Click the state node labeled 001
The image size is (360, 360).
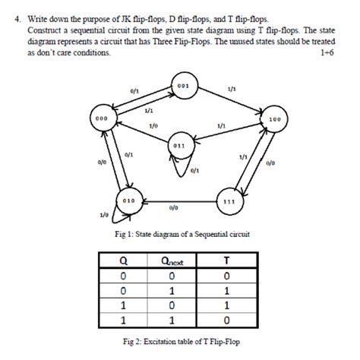pos(183,88)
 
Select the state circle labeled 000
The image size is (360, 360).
pos(102,121)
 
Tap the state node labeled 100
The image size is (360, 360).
pos(273,121)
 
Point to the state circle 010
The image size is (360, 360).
pos(130,199)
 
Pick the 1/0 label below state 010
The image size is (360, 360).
pos(104,216)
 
